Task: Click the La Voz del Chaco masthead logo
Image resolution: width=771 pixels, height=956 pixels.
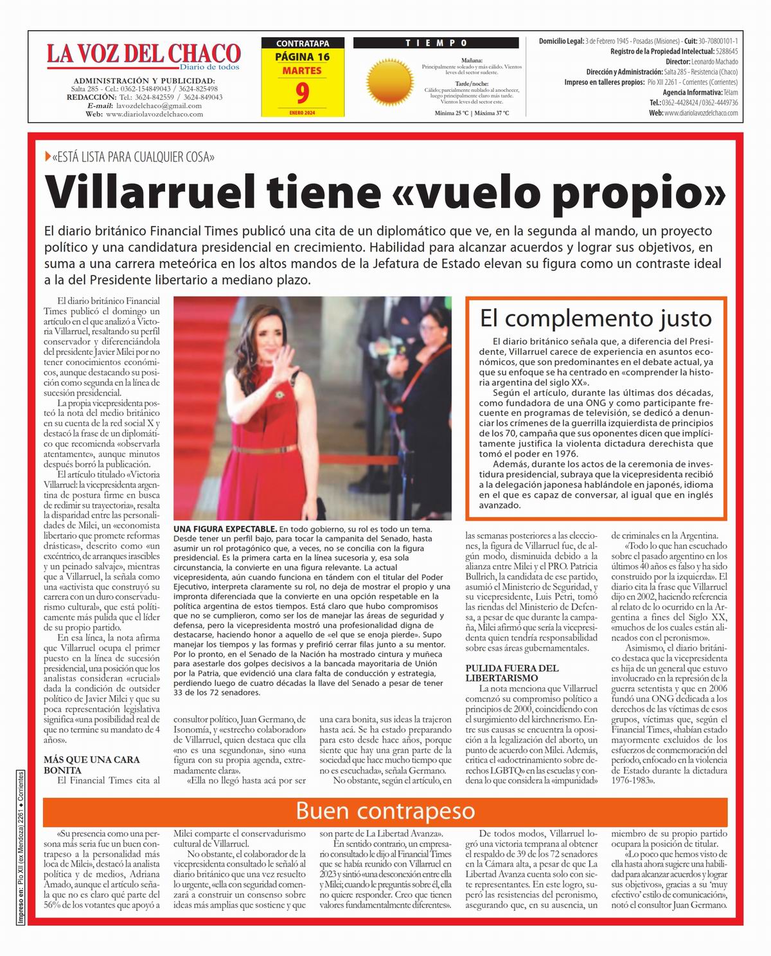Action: pos(143,55)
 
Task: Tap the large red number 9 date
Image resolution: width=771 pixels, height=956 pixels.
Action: pos(302,93)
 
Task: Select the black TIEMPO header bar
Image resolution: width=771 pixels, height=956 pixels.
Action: pos(436,43)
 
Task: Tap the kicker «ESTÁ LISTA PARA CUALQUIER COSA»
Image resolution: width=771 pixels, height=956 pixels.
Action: pos(134,157)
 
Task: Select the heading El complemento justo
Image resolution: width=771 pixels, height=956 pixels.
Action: pos(596,318)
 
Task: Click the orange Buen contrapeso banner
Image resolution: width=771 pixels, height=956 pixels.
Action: pos(385,811)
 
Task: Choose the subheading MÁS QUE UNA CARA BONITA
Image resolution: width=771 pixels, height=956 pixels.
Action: pos(91,764)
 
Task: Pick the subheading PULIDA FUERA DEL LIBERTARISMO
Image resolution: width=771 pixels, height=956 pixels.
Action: pos(512,673)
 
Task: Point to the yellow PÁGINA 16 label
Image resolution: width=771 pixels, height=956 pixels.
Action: pos(302,57)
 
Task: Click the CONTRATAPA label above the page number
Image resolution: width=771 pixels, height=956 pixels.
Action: pos(302,44)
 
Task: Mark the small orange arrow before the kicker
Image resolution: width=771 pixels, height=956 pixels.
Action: pos(48,157)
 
